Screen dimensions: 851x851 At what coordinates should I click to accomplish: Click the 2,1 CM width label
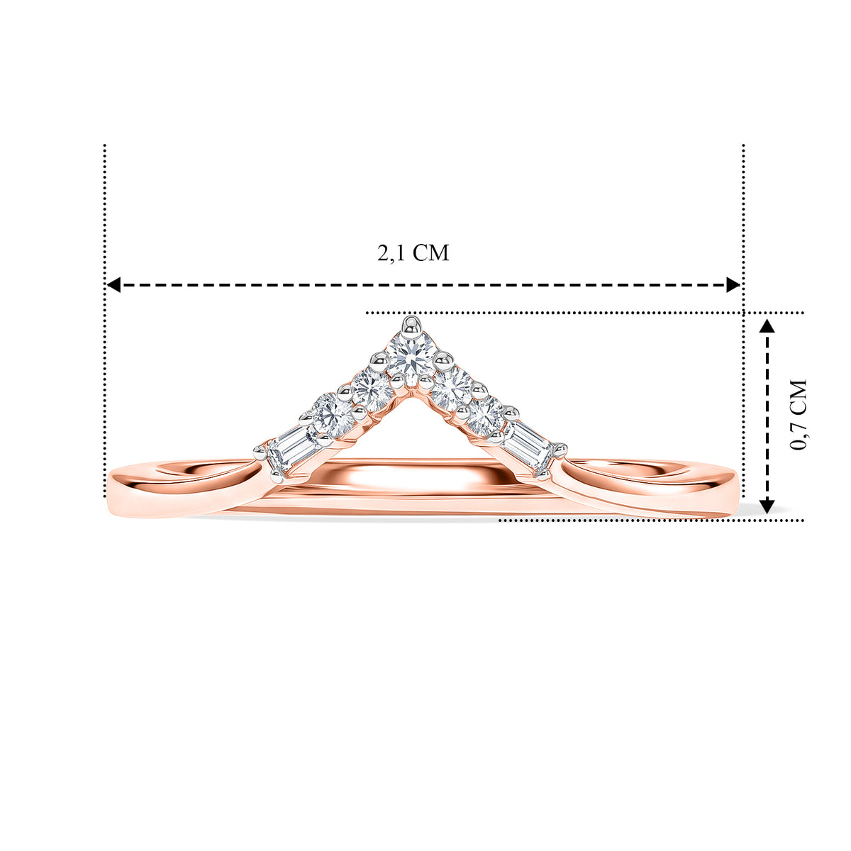click(413, 253)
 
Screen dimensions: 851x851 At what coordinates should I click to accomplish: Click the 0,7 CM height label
click(798, 415)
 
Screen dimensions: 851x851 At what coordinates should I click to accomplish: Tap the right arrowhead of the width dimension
click(733, 285)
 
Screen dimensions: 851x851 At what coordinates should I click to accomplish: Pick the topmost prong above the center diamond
click(411, 325)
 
